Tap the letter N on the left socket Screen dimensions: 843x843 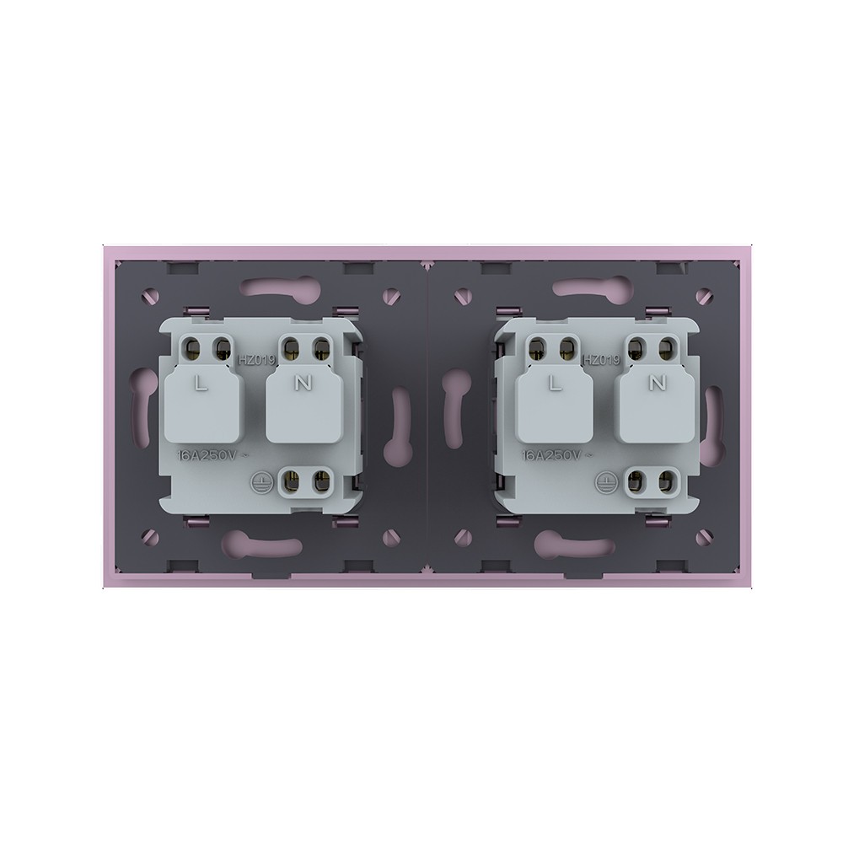pyautogui.click(x=303, y=382)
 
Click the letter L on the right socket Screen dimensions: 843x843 pyautogui.click(x=554, y=383)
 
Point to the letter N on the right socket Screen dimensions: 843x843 pyautogui.click(x=657, y=382)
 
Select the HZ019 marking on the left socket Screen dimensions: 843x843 pyautogui.click(x=257, y=359)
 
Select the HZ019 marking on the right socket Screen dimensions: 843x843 pyautogui.click(x=602, y=359)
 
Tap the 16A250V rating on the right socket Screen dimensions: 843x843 pyautogui.click(x=557, y=455)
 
